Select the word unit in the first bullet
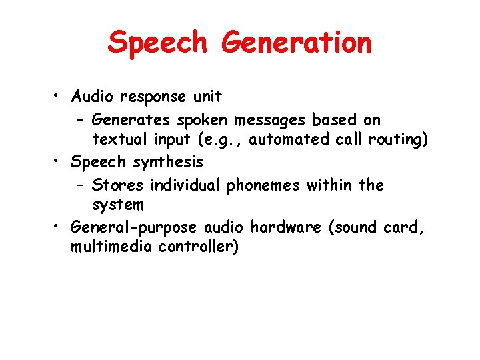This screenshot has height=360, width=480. click(207, 97)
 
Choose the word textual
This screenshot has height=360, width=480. click(117, 139)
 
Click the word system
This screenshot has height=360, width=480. click(117, 204)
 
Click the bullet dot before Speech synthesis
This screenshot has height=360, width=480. click(59, 162)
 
